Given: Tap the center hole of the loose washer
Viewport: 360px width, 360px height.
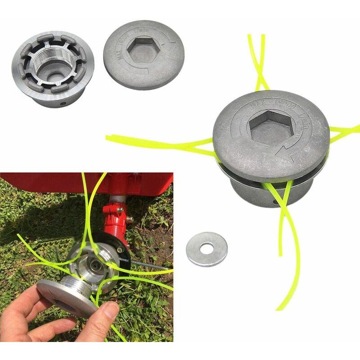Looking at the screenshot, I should pos(207,247).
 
